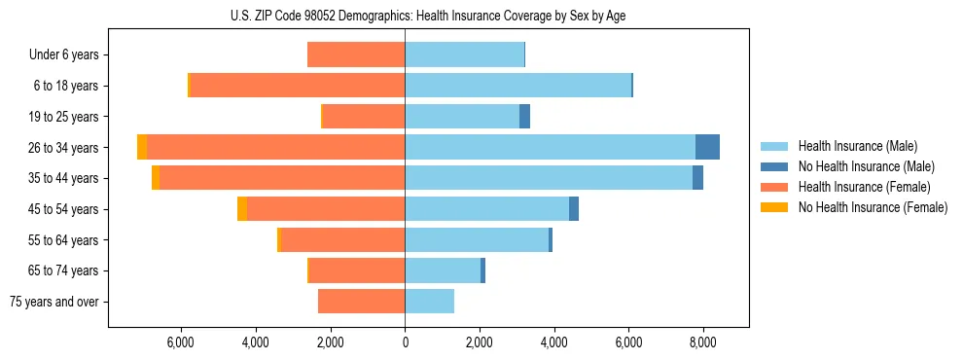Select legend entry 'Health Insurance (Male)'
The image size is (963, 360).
point(857,146)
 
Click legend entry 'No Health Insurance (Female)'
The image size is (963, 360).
point(873,207)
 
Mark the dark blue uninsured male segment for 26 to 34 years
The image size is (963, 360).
point(707,147)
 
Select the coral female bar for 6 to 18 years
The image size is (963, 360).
point(297,86)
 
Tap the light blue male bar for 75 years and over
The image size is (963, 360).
point(429,302)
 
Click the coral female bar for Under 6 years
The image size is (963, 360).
point(356,54)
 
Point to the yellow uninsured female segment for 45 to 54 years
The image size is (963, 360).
point(242,209)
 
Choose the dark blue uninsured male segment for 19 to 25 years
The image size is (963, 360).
point(524,117)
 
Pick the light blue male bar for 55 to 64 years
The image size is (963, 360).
point(477,240)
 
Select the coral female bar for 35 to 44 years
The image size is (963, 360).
point(282,178)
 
